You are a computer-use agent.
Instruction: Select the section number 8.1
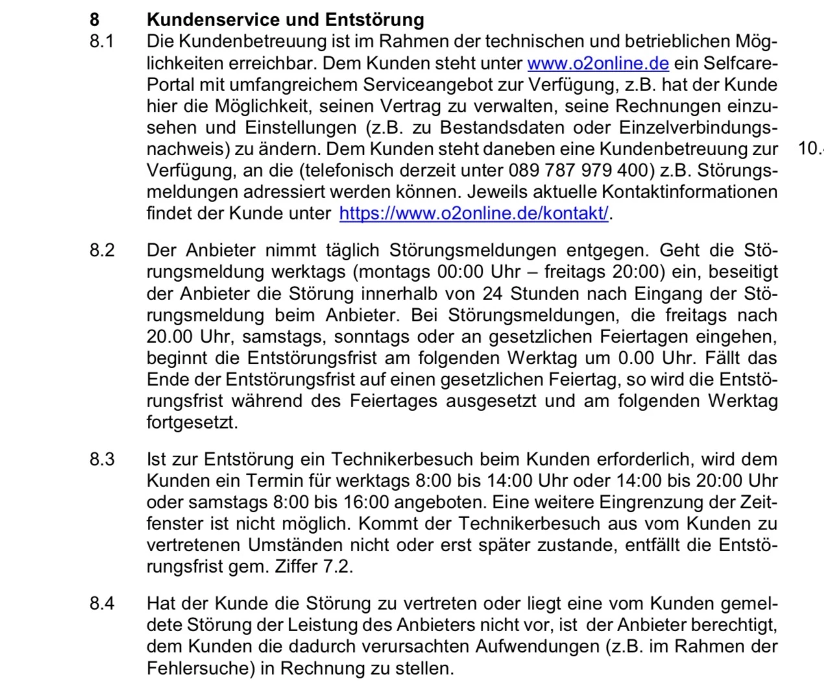[x=101, y=42]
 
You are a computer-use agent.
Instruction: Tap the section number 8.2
[x=102, y=251]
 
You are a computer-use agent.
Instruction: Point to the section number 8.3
[x=102, y=460]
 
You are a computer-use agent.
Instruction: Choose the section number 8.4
[x=102, y=604]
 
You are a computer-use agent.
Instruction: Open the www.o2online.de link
[x=598, y=64]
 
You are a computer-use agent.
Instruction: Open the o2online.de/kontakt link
[x=474, y=214]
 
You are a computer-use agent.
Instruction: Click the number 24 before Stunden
[x=492, y=293]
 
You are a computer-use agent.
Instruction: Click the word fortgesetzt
[x=191, y=423]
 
